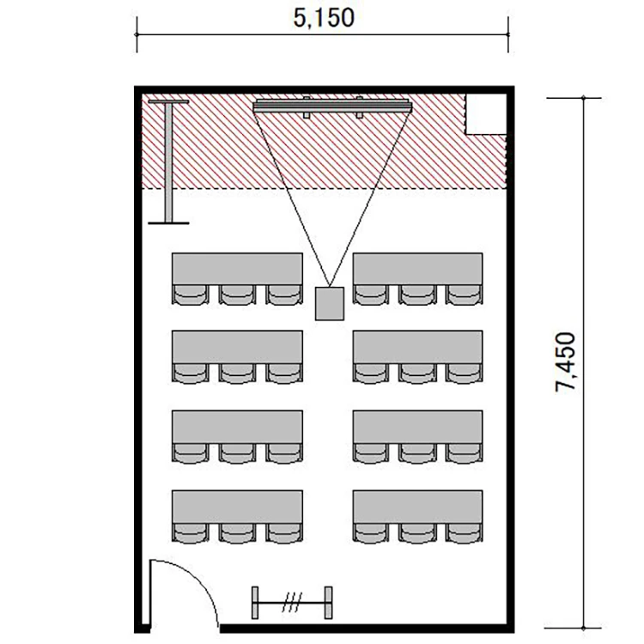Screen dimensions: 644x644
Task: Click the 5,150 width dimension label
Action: pos(324,18)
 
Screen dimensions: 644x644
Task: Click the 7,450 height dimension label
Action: pos(565,361)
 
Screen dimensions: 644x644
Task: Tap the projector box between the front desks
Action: pos(330,303)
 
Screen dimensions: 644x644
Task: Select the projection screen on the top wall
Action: pos(332,106)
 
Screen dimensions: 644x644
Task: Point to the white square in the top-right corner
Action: pos(486,113)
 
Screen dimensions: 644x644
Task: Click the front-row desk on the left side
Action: pos(237,269)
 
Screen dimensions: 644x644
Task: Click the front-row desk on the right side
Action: pos(417,269)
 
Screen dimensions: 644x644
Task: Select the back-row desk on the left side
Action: pos(237,506)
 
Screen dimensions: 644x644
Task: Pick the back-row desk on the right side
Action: pos(417,506)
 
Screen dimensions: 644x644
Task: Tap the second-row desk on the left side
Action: pos(237,347)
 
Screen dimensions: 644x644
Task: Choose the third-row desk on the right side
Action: pos(417,426)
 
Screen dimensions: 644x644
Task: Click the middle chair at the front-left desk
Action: pos(237,295)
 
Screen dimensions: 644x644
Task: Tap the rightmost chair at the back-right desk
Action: pos(464,532)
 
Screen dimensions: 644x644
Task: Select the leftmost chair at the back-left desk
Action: pos(191,532)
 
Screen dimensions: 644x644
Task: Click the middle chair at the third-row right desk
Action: pos(417,453)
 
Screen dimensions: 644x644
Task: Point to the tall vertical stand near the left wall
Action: pos(168,161)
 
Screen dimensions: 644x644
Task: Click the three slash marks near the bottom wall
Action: pos(292,602)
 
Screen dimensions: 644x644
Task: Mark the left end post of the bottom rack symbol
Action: pos(255,603)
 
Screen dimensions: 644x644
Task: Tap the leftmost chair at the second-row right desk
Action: pos(371,374)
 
